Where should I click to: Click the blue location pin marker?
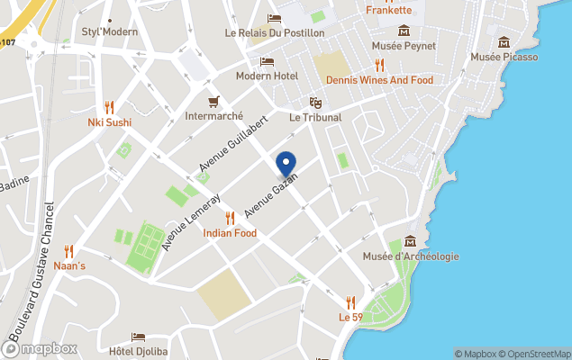(x=286, y=163)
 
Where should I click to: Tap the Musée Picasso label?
(x=504, y=58)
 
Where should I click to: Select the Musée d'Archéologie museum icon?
(x=411, y=240)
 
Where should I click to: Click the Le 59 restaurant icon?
(x=350, y=301)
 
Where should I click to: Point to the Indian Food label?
(x=230, y=233)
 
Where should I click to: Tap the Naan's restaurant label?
(x=68, y=265)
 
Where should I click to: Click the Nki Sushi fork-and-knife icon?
(x=109, y=106)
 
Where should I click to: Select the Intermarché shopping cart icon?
(x=213, y=101)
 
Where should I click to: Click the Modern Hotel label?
(x=267, y=76)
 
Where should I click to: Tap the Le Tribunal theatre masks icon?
(x=315, y=103)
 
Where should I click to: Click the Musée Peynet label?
(x=404, y=46)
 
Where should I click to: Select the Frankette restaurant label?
(x=389, y=11)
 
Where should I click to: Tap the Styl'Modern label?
(x=110, y=32)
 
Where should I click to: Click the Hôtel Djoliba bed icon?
(x=138, y=337)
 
